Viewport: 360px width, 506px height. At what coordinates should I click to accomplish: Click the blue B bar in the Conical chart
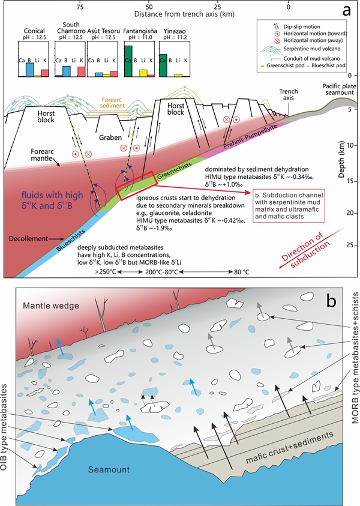[x=29, y=70]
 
